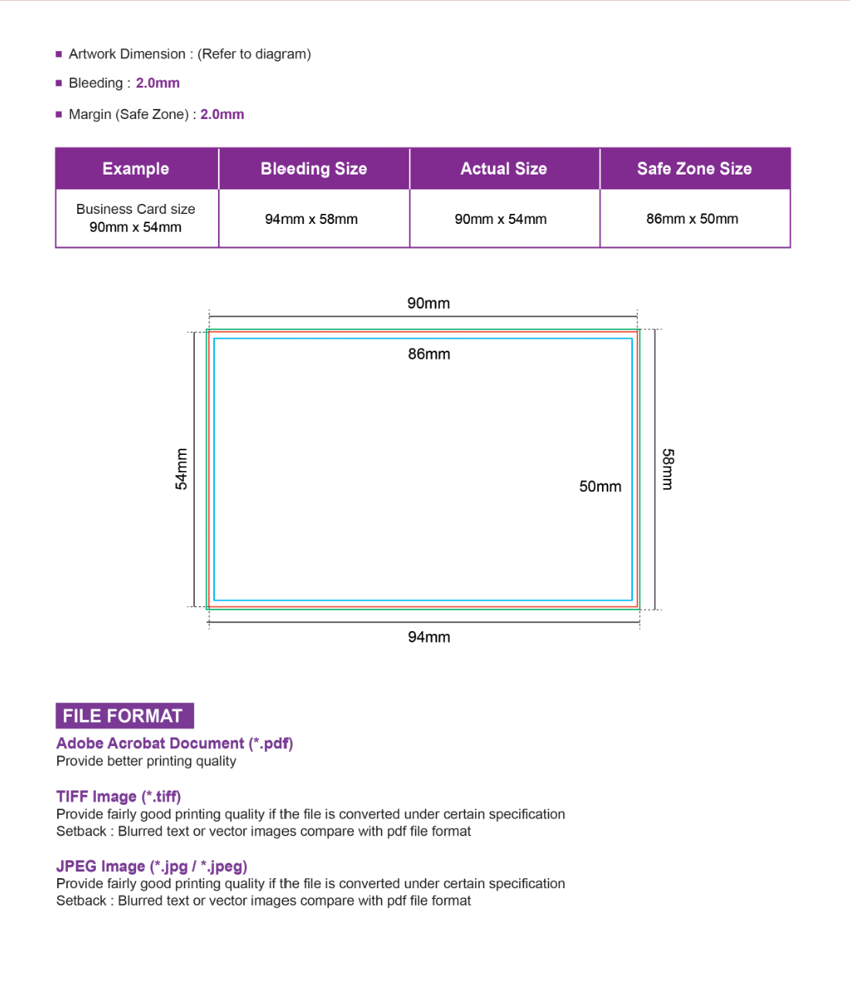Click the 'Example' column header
(136, 169)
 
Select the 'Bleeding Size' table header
(314, 169)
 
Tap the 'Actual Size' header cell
(504, 169)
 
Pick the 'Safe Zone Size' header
(694, 169)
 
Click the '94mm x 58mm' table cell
(311, 219)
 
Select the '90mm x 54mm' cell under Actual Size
(501, 219)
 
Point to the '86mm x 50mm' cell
(692, 219)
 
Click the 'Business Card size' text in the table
(136, 209)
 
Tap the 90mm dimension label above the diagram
(429, 304)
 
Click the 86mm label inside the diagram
(429, 354)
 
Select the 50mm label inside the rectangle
(600, 487)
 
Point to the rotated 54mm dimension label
(182, 469)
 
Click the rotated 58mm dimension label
(668, 469)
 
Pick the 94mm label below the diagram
(429, 637)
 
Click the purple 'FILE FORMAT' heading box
(124, 716)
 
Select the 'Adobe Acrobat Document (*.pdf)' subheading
(175, 743)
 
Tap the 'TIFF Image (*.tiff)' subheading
(118, 796)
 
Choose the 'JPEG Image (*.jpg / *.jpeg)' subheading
(151, 866)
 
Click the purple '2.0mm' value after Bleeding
(158, 83)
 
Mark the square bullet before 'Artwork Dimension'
(59, 54)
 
